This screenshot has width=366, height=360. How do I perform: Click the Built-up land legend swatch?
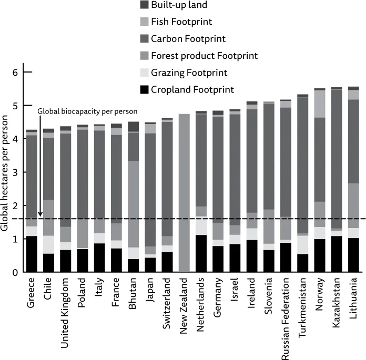click(143, 5)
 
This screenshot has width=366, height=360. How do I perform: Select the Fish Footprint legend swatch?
click(143, 22)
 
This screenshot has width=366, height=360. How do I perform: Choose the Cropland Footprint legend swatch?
click(143, 89)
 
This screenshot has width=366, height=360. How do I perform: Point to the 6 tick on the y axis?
click(27, 72)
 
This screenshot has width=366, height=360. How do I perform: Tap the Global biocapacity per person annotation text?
click(87, 111)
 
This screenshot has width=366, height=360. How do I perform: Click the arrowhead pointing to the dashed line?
click(40, 214)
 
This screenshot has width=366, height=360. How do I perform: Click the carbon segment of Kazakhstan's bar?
click(337, 158)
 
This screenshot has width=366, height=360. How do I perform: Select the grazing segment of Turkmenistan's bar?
click(303, 245)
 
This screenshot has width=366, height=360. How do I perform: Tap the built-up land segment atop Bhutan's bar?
click(134, 127)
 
